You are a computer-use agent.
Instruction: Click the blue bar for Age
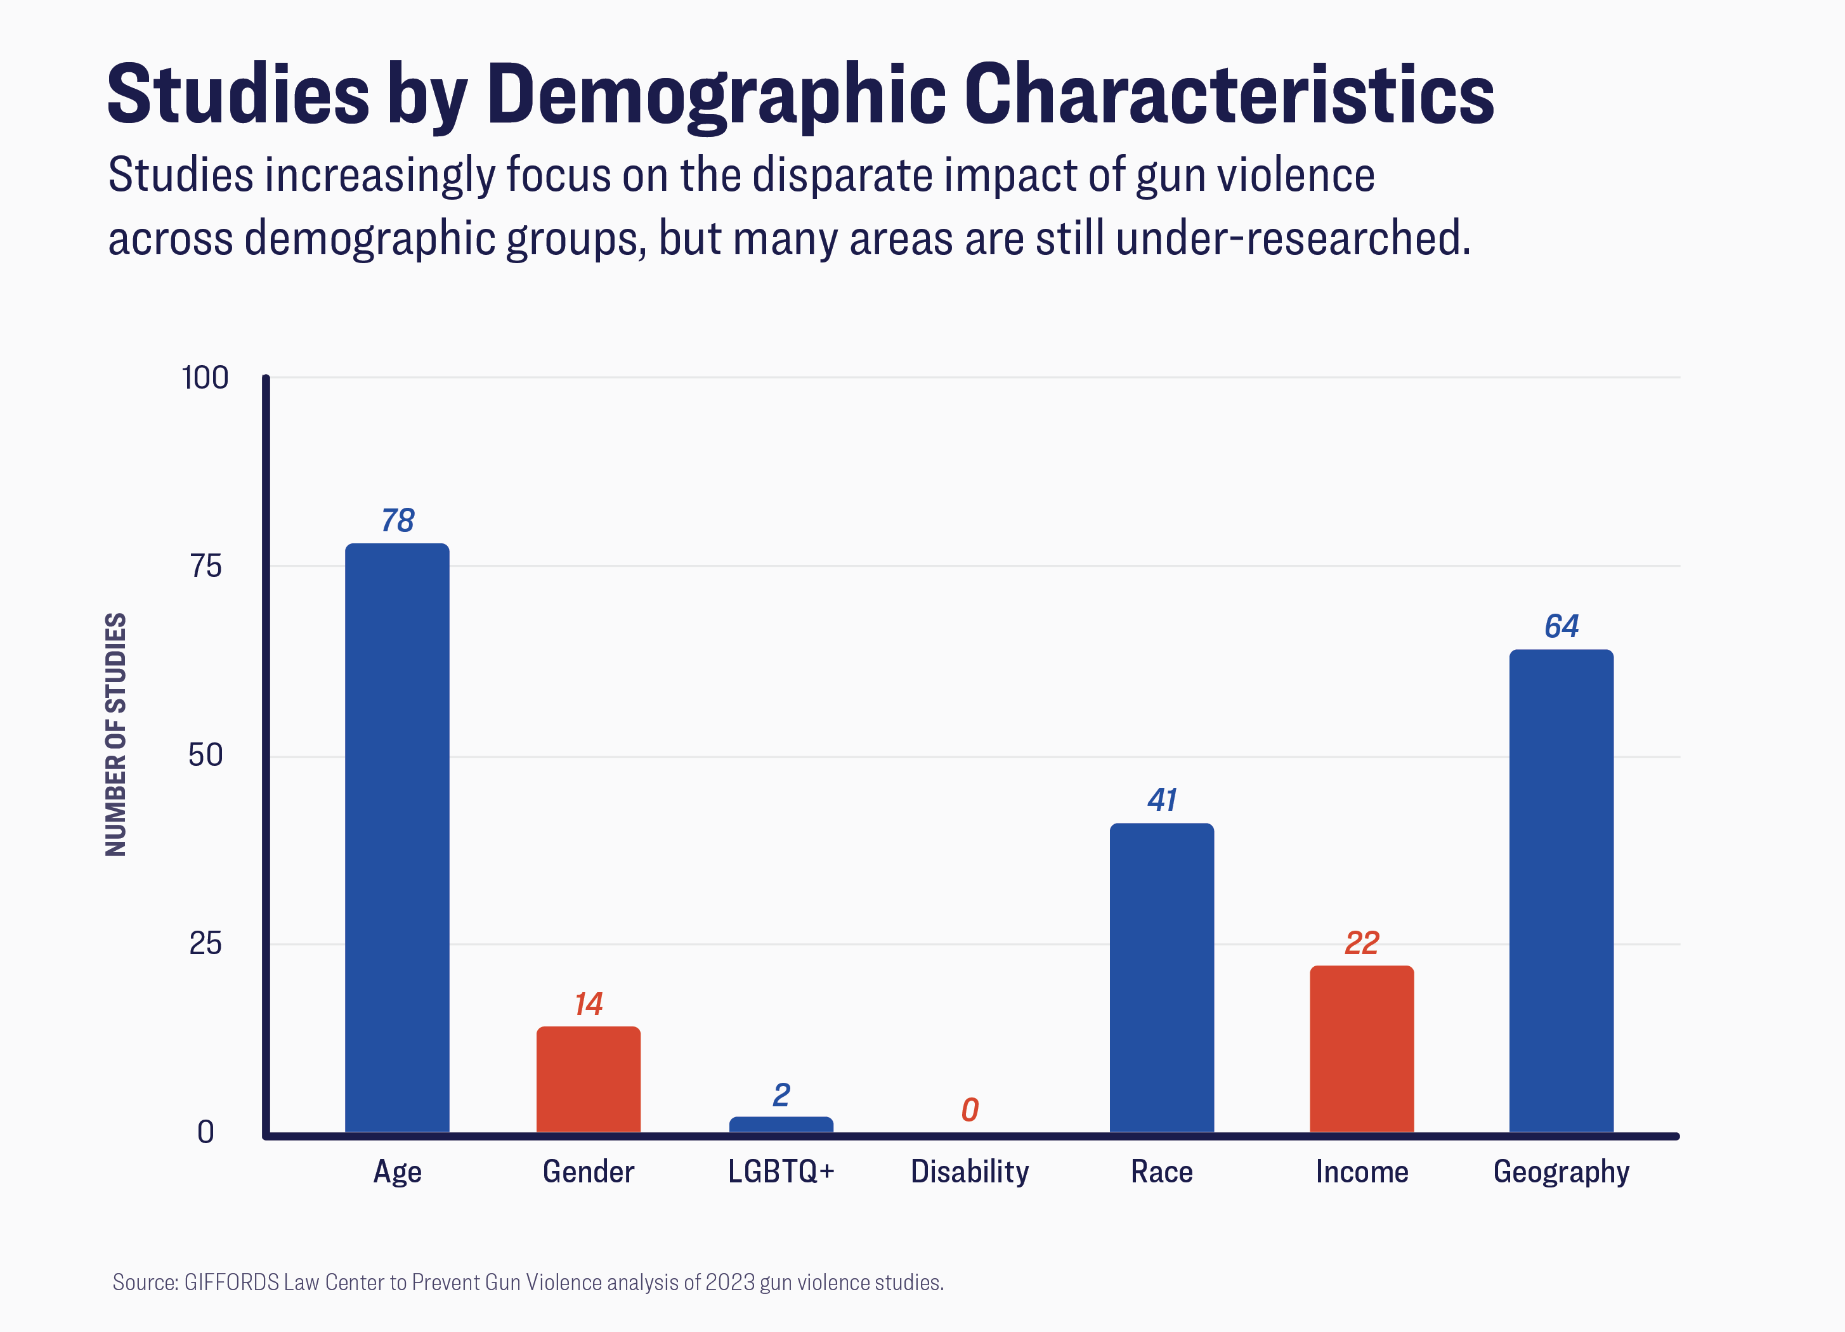(x=397, y=837)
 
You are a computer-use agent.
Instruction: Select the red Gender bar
(x=588, y=1079)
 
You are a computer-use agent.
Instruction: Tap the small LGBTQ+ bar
(x=781, y=1125)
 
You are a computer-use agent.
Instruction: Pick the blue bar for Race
(x=1162, y=978)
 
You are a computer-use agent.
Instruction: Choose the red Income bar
(x=1362, y=1049)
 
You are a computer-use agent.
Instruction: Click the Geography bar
(x=1561, y=891)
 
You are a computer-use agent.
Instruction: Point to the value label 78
(x=398, y=521)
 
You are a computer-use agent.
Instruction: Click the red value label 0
(x=970, y=1110)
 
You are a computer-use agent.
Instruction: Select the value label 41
(x=1162, y=800)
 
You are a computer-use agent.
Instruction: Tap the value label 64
(x=1561, y=626)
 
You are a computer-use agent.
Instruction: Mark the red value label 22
(x=1362, y=943)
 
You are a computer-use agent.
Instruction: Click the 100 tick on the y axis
(x=205, y=378)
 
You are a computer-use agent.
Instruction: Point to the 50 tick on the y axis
(x=205, y=756)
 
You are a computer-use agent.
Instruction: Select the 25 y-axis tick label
(x=205, y=944)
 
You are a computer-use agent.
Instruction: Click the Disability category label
(x=970, y=1172)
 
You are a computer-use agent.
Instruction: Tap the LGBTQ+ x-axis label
(x=781, y=1172)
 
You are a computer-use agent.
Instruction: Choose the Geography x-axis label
(x=1561, y=1172)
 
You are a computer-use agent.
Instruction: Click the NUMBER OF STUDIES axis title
(x=116, y=734)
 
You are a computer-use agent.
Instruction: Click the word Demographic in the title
(x=716, y=95)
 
